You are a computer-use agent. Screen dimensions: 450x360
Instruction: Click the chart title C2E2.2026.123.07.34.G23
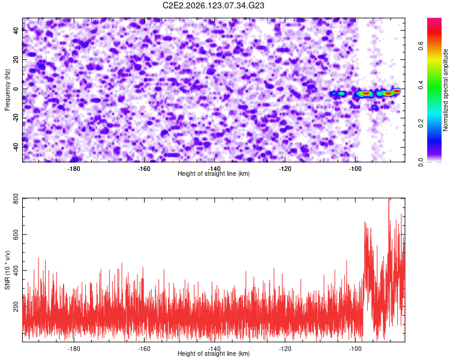[213, 5]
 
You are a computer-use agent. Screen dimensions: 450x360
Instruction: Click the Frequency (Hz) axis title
[7, 89]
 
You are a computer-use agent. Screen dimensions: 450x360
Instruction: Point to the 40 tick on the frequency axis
[16, 31]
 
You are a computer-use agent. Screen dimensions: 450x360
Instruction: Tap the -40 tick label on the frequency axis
[16, 148]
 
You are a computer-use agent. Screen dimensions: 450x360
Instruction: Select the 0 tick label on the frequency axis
[16, 89]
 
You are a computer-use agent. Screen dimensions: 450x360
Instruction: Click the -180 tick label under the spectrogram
[74, 169]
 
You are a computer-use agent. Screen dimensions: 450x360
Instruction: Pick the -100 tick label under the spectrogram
[355, 169]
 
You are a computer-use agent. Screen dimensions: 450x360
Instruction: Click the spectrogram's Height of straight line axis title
[214, 173]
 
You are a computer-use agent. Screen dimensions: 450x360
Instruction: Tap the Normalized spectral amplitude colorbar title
[445, 89]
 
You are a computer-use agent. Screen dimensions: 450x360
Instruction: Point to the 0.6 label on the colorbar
[421, 46]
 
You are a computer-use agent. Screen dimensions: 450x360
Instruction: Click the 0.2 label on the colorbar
[421, 123]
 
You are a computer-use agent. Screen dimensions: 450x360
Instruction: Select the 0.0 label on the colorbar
[421, 162]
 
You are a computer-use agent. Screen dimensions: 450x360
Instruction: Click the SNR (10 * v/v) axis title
[7, 270]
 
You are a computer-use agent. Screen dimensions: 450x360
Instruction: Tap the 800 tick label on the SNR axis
[16, 199]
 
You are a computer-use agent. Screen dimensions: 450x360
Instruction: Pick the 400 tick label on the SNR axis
[16, 271]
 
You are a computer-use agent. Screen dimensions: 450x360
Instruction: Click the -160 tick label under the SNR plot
[144, 349]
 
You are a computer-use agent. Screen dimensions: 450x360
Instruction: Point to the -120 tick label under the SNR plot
[285, 349]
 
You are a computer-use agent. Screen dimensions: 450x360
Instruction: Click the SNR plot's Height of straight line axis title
[214, 353]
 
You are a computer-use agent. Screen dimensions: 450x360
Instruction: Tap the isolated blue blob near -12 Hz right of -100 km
[374, 107]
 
